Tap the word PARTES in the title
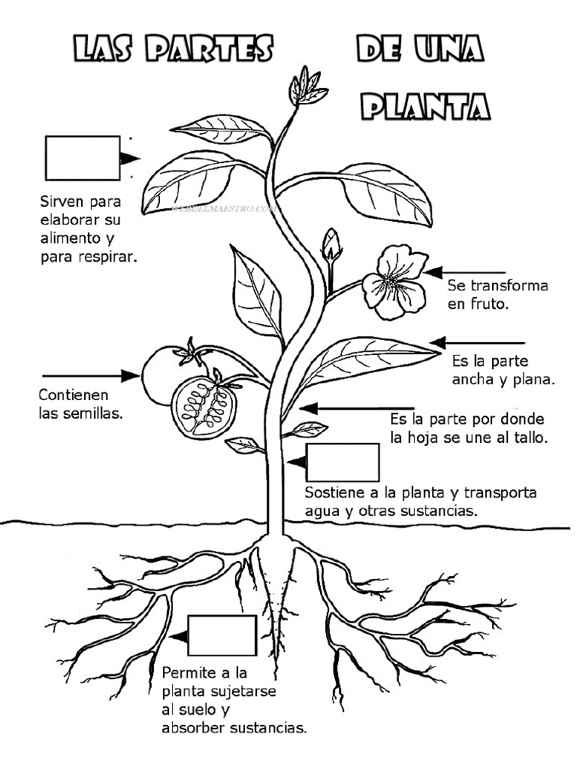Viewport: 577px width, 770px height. tap(209, 49)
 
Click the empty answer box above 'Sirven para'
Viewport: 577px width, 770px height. tap(83, 158)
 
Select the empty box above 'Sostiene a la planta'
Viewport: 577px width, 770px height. tap(343, 462)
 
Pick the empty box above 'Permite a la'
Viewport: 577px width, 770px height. tap(222, 635)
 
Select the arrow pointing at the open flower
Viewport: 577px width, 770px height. tap(465, 272)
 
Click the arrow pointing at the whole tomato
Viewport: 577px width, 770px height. tap(92, 376)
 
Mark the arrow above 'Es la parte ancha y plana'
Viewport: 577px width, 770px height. tap(477, 342)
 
